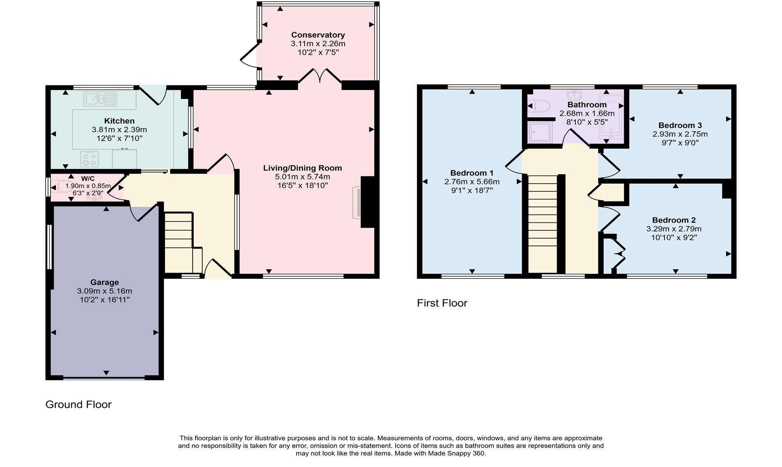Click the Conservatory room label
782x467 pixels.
click(x=318, y=35)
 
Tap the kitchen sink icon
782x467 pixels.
click(x=100, y=99)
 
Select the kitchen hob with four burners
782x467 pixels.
click(x=90, y=159)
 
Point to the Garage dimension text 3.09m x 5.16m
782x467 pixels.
click(x=104, y=291)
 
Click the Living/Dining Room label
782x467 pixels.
click(x=302, y=168)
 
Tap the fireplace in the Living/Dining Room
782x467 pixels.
click(x=356, y=202)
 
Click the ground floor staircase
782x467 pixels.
click(x=179, y=243)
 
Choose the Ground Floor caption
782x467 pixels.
click(x=78, y=405)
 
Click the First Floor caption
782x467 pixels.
click(x=442, y=303)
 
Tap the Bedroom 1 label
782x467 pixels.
click(x=471, y=173)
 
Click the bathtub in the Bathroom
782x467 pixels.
click(x=611, y=116)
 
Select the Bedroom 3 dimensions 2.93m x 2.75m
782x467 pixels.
click(x=680, y=134)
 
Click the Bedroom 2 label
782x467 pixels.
click(x=674, y=220)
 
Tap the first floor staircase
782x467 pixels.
click(x=542, y=224)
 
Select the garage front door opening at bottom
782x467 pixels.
click(x=104, y=378)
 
